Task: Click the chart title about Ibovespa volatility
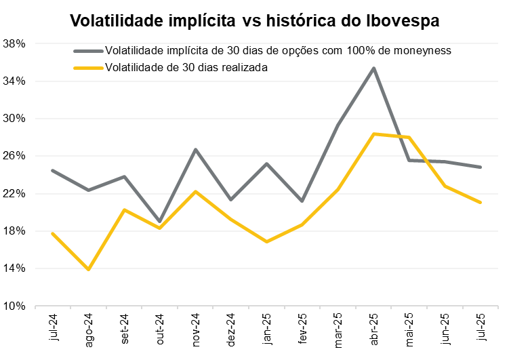click(255, 20)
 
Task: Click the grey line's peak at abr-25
click(373, 68)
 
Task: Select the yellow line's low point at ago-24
click(88, 269)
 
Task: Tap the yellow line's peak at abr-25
click(373, 134)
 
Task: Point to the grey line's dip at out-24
click(159, 222)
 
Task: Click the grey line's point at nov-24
click(195, 149)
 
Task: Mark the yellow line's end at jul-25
click(481, 202)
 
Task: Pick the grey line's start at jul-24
click(53, 170)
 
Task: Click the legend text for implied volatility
click(278, 51)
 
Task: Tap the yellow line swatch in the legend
click(88, 67)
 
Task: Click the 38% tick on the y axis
click(14, 43)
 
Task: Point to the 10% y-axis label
click(14, 306)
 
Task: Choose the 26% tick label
click(14, 156)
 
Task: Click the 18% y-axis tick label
click(14, 231)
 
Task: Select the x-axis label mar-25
click(338, 332)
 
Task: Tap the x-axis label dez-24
click(231, 332)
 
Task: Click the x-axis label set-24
click(124, 332)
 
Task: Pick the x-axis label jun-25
click(445, 332)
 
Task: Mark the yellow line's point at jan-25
click(266, 241)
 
